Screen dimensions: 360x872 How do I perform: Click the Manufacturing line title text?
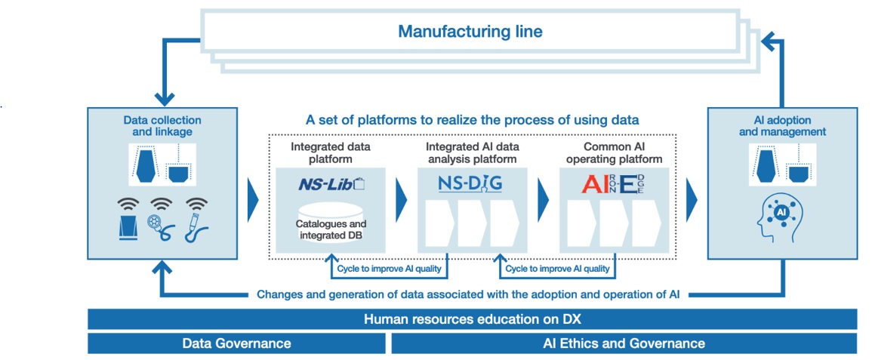[470, 32]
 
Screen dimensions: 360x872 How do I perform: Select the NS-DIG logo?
[469, 184]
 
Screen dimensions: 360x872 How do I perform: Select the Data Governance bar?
[236, 343]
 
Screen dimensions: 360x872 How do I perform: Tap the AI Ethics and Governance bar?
[624, 343]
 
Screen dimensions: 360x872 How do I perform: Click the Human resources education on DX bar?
[472, 319]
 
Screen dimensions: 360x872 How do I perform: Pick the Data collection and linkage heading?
[162, 126]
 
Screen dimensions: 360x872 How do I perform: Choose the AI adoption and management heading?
[781, 126]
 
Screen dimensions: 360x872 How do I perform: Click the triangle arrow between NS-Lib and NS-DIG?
[400, 200]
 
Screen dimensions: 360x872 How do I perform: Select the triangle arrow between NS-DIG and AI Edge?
[542, 200]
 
